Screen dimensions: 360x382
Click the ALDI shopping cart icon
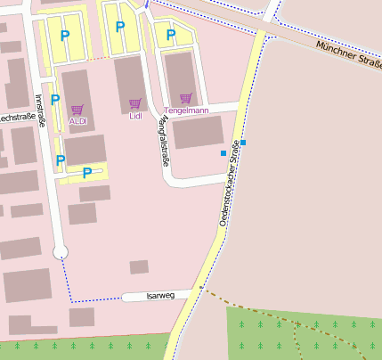[x=77, y=110]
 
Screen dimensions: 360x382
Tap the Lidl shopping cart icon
[x=135, y=104]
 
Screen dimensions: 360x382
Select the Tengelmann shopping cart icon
[x=186, y=98]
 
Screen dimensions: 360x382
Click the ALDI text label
[x=77, y=120]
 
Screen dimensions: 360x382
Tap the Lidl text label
[x=135, y=116]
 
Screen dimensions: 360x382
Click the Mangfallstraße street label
[x=163, y=141]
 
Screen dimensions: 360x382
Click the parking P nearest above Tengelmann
[x=171, y=36]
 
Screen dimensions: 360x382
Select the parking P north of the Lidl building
[x=120, y=27]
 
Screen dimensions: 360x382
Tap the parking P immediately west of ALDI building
[x=55, y=100]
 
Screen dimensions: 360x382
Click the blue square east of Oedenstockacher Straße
[x=243, y=143]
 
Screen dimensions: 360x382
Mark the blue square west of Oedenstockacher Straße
[x=223, y=153]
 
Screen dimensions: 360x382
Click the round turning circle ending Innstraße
[x=61, y=253]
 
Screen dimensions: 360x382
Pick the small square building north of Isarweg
[x=139, y=266]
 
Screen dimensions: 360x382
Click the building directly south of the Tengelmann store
[x=199, y=132]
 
